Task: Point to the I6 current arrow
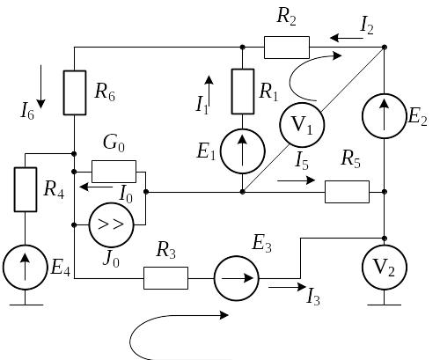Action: point(40,86)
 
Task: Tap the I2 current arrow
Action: point(347,38)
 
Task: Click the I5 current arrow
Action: point(297,180)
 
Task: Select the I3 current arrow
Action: point(288,287)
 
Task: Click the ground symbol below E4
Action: point(26,305)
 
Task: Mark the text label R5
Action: point(351,160)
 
